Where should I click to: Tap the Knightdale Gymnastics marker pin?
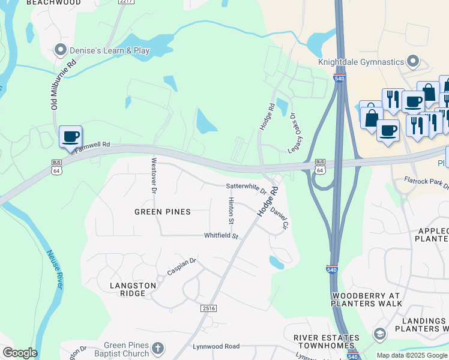[x=413, y=61]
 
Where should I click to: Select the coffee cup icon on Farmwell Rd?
[x=71, y=136]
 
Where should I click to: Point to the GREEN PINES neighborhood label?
[x=162, y=212]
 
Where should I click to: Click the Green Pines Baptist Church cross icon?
[x=158, y=348]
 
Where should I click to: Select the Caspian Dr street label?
[x=182, y=266]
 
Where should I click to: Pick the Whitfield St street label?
[x=221, y=236]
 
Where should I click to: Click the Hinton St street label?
[x=231, y=211]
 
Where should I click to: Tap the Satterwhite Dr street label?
[x=246, y=188]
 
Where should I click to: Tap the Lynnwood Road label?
[x=216, y=346]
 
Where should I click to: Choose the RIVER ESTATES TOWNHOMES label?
[x=326, y=343]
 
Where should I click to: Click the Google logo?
[x=20, y=353]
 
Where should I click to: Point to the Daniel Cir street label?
[x=280, y=220]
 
